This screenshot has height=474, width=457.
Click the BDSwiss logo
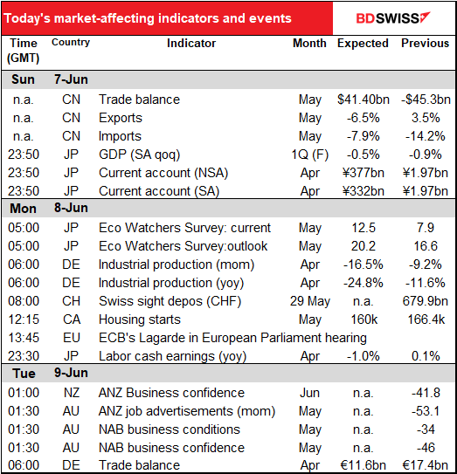pos(393,18)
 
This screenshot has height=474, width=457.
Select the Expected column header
pos(363,44)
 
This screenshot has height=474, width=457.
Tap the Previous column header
pos(426,44)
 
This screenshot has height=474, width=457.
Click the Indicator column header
pos(191,44)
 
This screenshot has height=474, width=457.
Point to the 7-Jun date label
pos(71,79)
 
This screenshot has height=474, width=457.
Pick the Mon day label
pos(23,209)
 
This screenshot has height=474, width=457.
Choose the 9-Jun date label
pos(71,373)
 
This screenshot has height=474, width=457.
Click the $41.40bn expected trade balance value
pos(364,100)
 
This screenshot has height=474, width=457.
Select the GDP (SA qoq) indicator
pos(140,155)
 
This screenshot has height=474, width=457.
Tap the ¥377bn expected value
pos(364,173)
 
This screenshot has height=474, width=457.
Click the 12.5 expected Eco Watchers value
pos(364,228)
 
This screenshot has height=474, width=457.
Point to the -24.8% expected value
pos(364,283)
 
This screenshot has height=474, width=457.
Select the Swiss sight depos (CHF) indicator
pos(170,301)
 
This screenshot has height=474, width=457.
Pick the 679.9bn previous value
pos(426,301)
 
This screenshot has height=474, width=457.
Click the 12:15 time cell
pos(24,319)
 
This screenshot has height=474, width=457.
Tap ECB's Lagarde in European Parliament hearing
pos(232,338)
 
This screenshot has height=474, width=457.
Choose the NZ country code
pos(72,393)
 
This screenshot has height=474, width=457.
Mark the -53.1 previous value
pos(426,411)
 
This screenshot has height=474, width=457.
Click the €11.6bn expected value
pos(364,465)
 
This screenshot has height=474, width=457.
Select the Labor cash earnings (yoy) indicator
pos(172,356)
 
